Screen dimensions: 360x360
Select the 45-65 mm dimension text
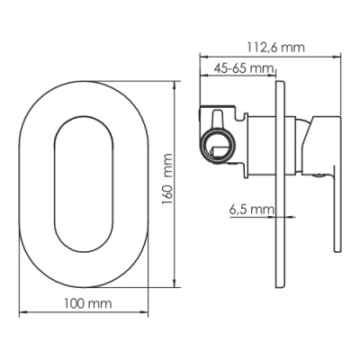[x=245, y=68]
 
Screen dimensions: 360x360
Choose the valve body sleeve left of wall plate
[x=261, y=142]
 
